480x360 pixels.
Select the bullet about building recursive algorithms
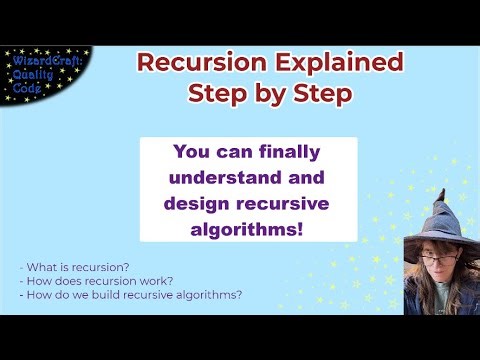point(130,295)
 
